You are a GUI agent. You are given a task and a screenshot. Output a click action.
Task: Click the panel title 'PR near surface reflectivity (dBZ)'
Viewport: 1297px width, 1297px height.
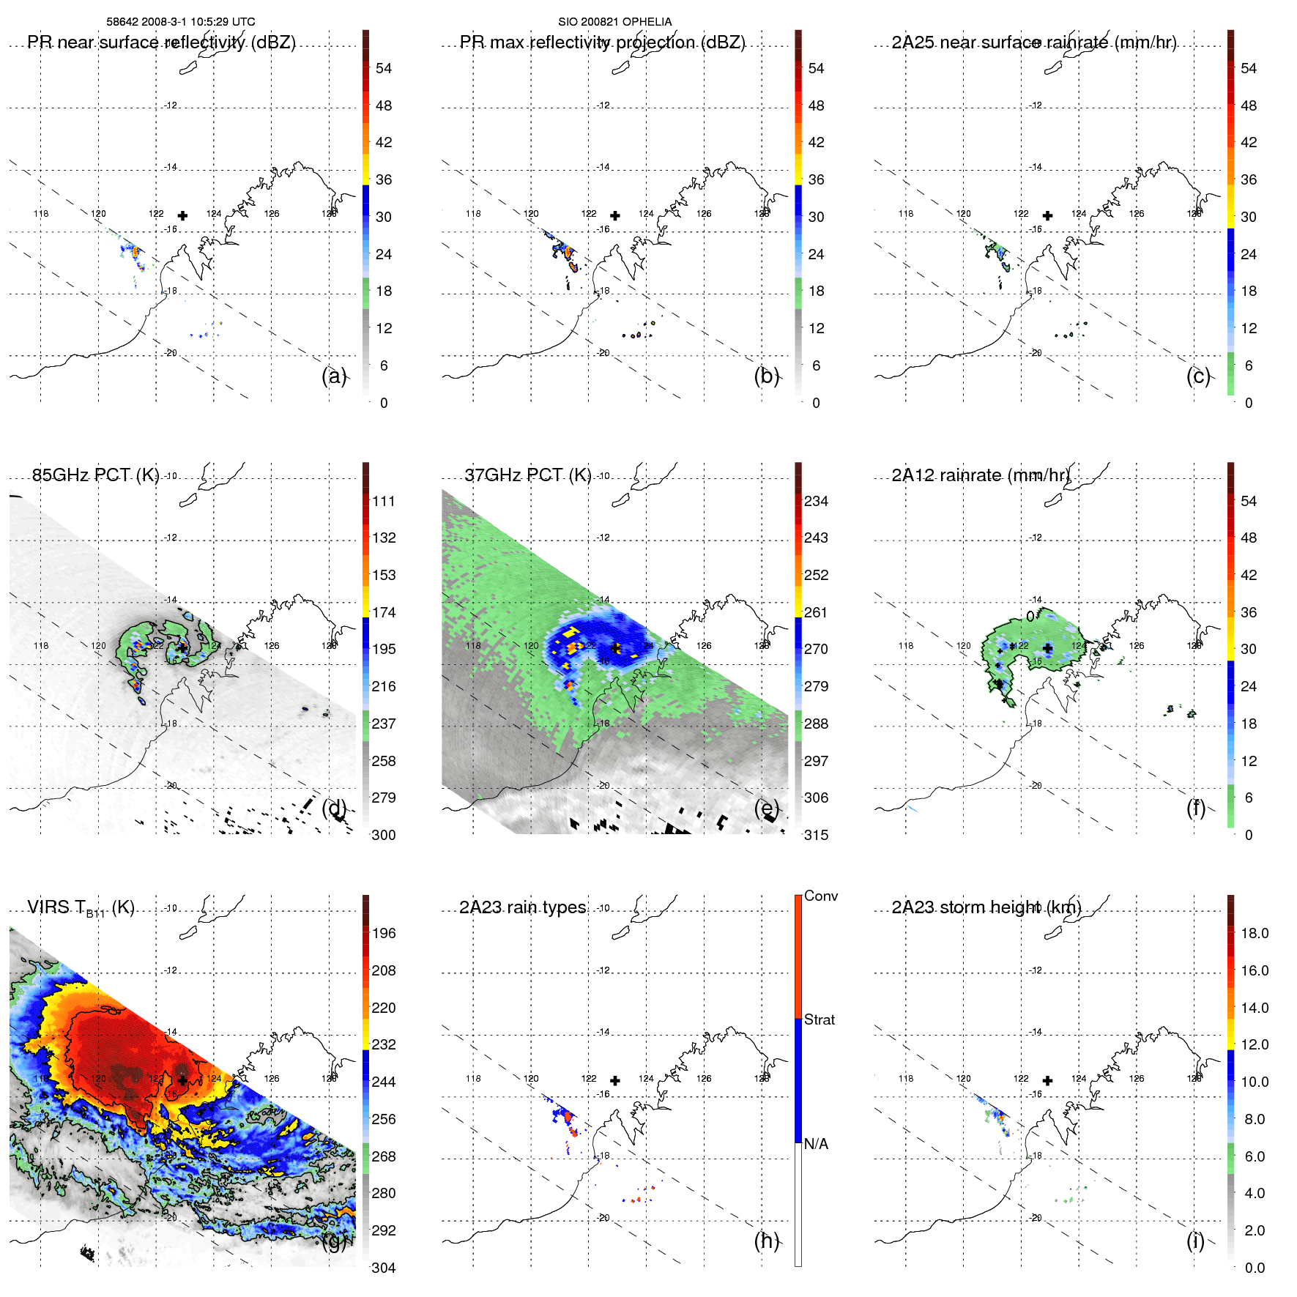pyautogui.click(x=161, y=42)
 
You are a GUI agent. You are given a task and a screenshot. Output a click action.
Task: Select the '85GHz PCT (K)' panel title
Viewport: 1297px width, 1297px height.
pyautogui.click(x=95, y=475)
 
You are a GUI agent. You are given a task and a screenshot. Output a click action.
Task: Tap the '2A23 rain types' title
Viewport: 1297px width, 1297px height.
pyautogui.click(x=522, y=907)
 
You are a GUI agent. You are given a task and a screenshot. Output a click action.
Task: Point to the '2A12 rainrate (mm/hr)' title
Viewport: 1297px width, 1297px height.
pyautogui.click(x=981, y=475)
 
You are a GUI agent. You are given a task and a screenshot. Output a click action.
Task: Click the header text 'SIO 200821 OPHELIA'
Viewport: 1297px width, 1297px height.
pyautogui.click(x=614, y=22)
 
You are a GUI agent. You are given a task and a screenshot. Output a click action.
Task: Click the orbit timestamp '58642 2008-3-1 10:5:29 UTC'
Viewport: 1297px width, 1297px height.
pyautogui.click(x=181, y=22)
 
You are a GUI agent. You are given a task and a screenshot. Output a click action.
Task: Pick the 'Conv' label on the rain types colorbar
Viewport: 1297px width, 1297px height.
pyautogui.click(x=820, y=896)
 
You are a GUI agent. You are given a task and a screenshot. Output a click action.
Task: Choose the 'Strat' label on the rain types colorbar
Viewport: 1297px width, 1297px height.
pyautogui.click(x=819, y=1019)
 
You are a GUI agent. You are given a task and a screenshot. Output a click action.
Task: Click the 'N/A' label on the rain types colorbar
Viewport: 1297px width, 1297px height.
pyautogui.click(x=816, y=1144)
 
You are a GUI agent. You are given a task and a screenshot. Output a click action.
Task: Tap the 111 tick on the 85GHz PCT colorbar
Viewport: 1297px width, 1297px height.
pyautogui.click(x=384, y=501)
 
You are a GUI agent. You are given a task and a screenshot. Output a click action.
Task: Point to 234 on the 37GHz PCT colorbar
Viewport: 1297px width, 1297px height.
pyautogui.click(x=816, y=501)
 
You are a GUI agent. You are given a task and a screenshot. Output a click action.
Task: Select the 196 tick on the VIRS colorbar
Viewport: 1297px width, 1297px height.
pyautogui.click(x=384, y=933)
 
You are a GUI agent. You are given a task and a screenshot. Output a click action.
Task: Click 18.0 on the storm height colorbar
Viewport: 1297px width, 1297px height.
pyautogui.click(x=1254, y=933)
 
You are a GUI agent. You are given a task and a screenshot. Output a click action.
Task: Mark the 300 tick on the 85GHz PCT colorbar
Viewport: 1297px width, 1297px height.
pyautogui.click(x=384, y=835)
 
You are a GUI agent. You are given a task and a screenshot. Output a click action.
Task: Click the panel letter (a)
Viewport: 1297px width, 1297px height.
pyautogui.click(x=334, y=376)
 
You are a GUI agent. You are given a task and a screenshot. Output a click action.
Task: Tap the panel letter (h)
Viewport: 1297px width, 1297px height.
pyautogui.click(x=766, y=1241)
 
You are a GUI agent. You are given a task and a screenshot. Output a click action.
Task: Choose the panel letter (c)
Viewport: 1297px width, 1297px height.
pyautogui.click(x=1198, y=376)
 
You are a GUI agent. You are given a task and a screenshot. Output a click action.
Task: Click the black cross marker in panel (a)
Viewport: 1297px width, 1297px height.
pyautogui.click(x=182, y=215)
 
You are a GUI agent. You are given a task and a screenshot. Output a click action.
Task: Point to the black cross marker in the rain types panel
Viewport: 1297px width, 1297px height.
pyautogui.click(x=615, y=1080)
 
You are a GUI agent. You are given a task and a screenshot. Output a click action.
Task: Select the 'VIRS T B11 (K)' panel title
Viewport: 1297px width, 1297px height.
pyautogui.click(x=81, y=908)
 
